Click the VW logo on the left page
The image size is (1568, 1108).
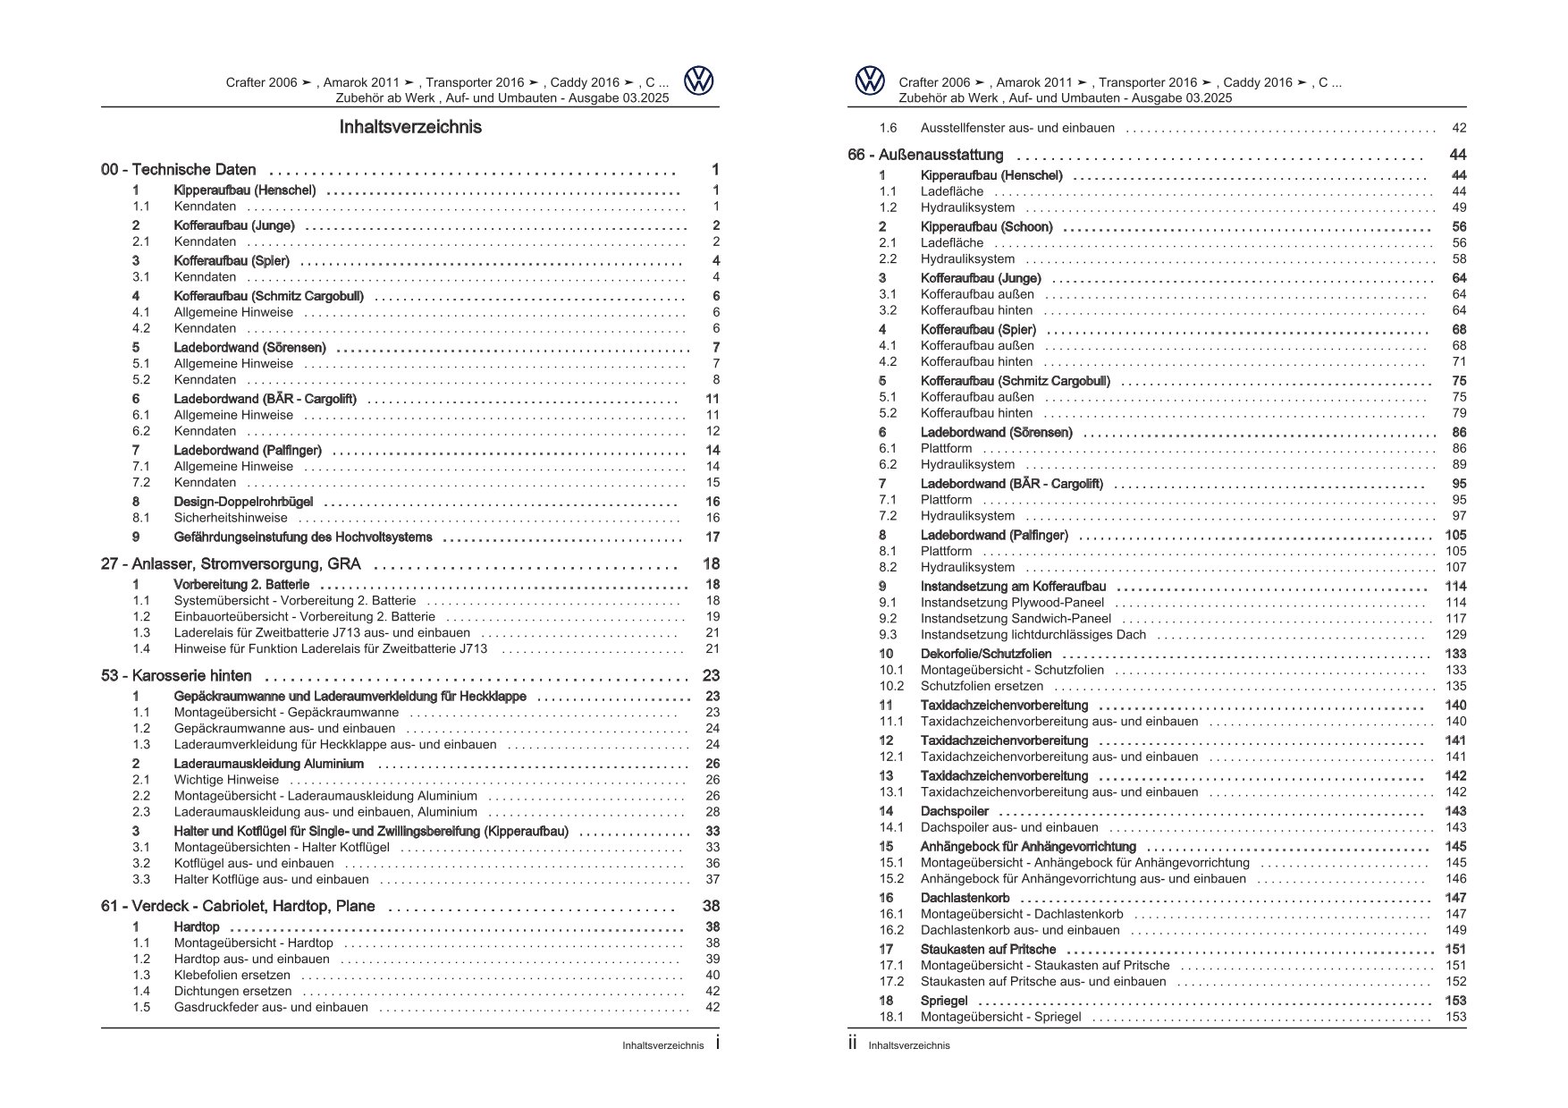coord(699,81)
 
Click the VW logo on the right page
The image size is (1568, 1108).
coord(869,81)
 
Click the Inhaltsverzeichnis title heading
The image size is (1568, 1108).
coord(410,127)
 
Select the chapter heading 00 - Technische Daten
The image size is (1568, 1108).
coord(179,170)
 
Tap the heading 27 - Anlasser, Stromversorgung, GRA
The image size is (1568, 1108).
coord(231,564)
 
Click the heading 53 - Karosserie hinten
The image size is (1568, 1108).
coord(176,676)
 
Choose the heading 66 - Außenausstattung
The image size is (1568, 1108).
coord(925,156)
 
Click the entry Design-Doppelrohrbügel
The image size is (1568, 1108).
coord(243,503)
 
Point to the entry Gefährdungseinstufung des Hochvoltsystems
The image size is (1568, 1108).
coord(302,537)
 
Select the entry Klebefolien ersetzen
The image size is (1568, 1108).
coord(232,976)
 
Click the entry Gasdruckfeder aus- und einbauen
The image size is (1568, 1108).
coord(270,1008)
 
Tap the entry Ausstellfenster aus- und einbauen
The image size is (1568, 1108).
coord(1017,128)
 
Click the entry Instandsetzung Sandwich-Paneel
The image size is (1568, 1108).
coord(1016,619)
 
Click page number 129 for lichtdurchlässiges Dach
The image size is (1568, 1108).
coord(1455,635)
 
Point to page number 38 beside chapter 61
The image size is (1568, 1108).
coord(712,907)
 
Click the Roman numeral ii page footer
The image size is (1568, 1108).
coord(853,1044)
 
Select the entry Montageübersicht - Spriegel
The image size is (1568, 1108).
coord(1000,1018)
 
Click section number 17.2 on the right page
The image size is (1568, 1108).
coord(891,982)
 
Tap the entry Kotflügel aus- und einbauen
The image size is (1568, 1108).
coord(254,864)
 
